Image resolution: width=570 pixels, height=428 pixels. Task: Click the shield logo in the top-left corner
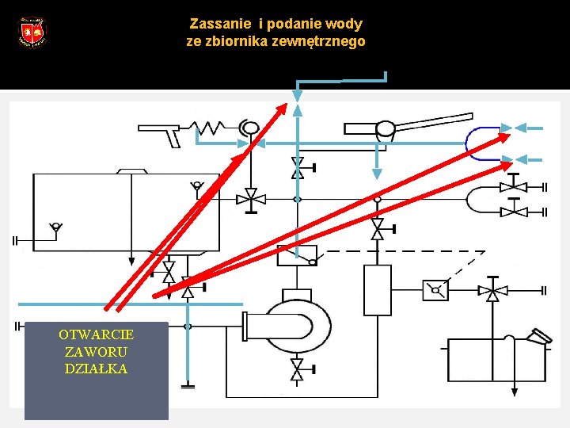coord(32,32)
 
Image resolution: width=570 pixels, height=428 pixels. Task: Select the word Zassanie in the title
coord(214,24)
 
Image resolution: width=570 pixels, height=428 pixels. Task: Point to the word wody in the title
coord(346,24)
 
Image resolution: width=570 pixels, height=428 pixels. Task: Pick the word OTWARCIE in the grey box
coord(96,334)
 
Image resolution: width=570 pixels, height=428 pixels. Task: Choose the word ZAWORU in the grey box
coord(96,351)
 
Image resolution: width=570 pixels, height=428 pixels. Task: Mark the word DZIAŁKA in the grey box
coord(96,369)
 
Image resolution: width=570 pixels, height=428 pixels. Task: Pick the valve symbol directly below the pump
coord(297,369)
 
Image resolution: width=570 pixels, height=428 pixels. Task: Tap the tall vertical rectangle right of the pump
coord(377,290)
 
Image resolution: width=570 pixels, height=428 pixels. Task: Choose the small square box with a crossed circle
coord(435,290)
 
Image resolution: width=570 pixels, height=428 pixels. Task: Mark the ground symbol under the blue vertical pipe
coord(187,386)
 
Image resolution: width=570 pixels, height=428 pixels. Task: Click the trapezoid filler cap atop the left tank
coord(131,170)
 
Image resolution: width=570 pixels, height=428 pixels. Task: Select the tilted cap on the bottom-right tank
coord(541,336)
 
